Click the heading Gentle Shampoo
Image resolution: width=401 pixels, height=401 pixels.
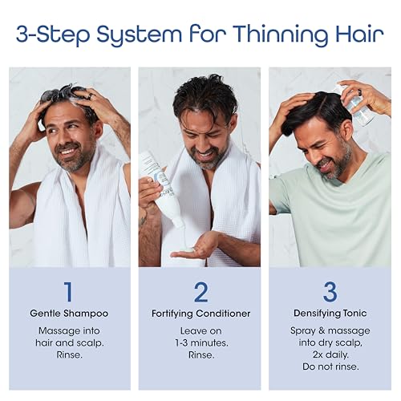point(69,314)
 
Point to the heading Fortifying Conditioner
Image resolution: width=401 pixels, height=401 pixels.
point(200,314)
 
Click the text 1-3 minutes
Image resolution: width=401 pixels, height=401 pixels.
point(200,342)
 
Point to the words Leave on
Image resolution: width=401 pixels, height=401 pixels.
point(200,330)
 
